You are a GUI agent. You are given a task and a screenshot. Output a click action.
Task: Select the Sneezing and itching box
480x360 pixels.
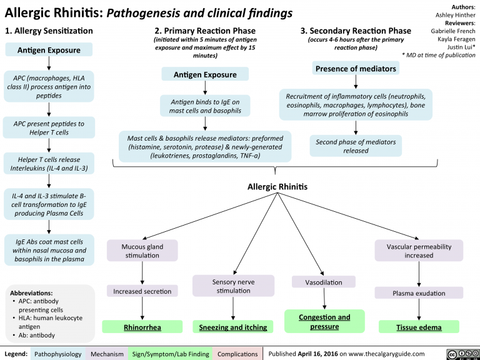233,327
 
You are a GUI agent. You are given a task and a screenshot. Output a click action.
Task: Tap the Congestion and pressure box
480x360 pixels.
323,321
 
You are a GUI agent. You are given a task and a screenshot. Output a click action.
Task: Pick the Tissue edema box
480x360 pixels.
418,327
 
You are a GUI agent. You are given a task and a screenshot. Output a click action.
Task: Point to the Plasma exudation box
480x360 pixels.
419,293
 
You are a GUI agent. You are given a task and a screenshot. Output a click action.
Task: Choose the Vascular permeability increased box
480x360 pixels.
419,251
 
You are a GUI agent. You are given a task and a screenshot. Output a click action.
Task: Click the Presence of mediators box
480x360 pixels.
356,68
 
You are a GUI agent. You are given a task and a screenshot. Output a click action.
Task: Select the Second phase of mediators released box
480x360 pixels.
356,146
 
